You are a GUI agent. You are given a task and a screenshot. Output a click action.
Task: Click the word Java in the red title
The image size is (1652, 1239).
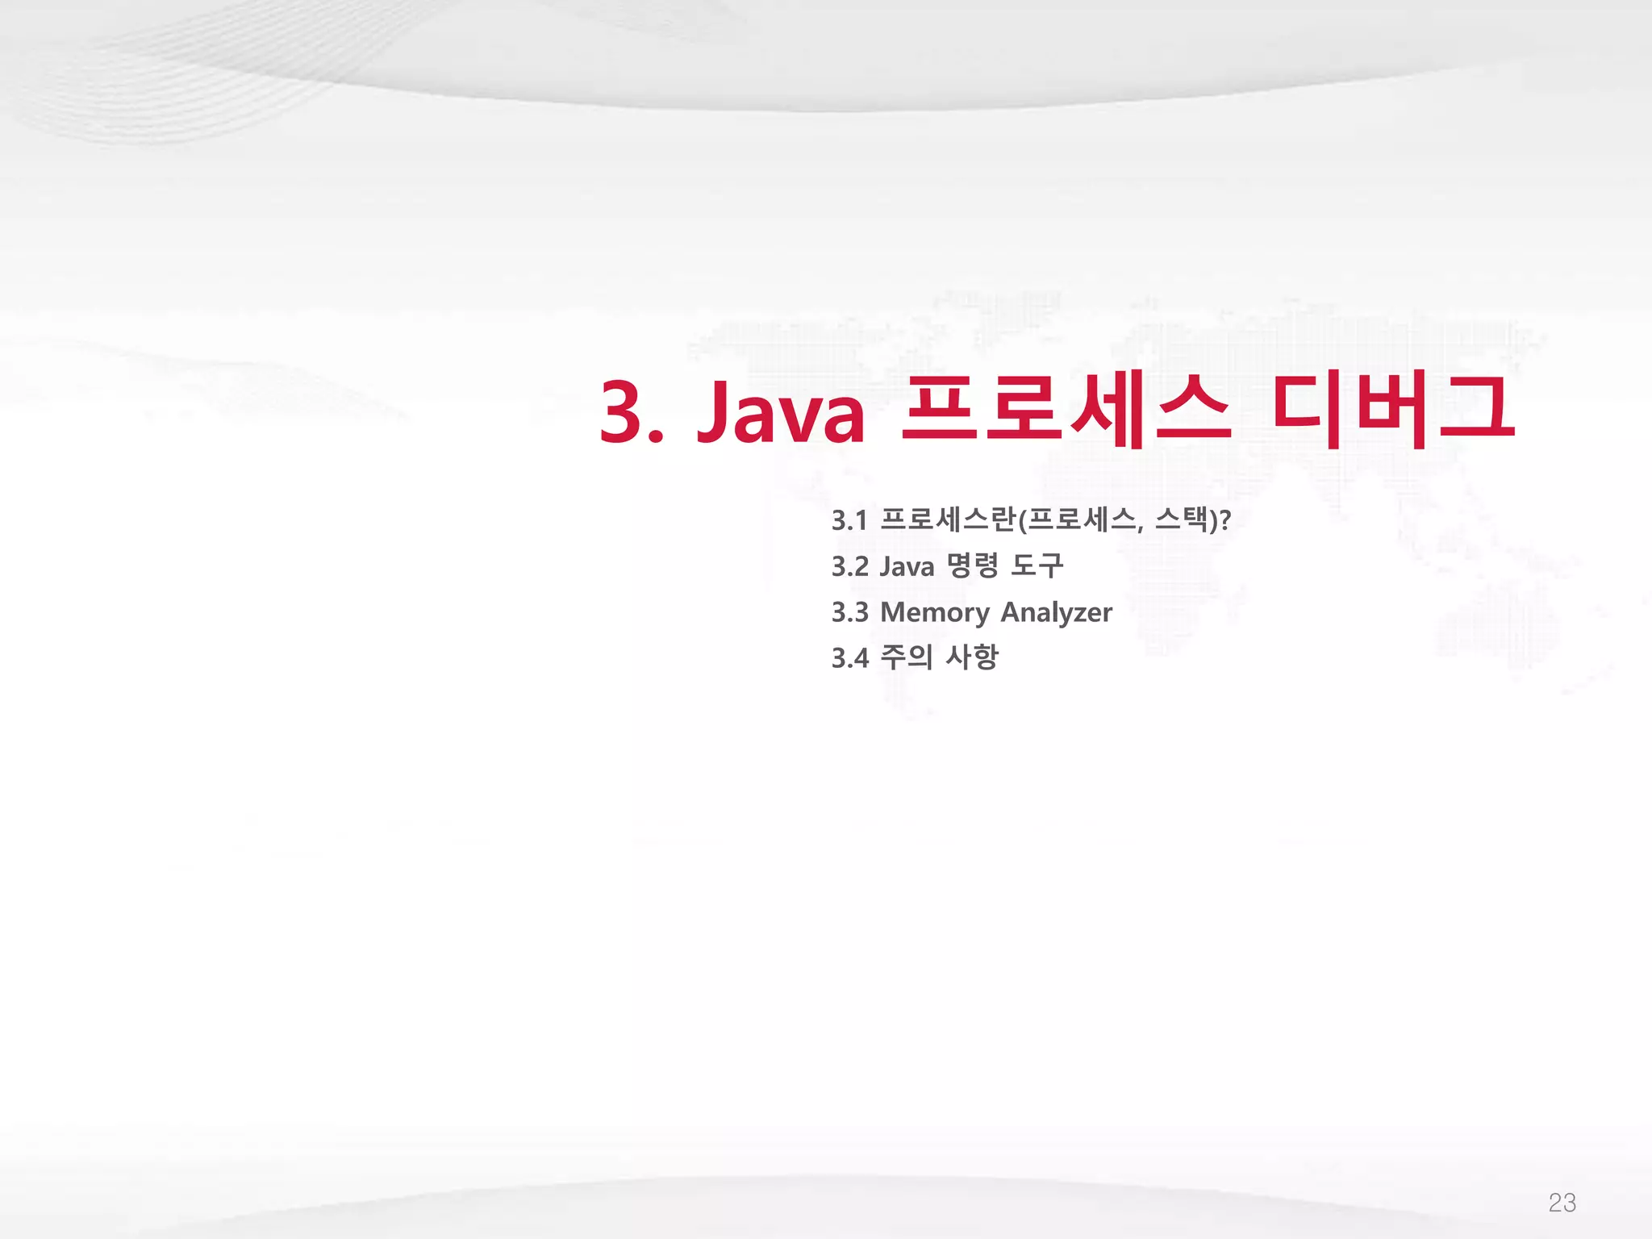(x=781, y=412)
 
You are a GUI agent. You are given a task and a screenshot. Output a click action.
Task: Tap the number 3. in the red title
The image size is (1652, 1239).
(x=631, y=412)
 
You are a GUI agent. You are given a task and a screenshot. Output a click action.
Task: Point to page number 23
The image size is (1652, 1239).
(x=1562, y=1203)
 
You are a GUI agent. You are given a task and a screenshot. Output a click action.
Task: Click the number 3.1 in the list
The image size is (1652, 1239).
(x=849, y=521)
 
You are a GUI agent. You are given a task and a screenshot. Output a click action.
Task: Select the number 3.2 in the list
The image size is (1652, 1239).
(x=849, y=567)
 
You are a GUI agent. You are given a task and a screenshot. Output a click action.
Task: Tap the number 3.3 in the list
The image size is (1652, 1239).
(x=849, y=613)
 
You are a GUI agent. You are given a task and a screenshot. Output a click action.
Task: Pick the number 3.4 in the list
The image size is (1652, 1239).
(x=849, y=658)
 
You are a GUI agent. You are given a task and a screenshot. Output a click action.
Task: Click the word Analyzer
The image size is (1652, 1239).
(x=1056, y=613)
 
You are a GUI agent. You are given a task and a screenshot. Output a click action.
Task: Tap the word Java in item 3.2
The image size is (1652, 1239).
(x=907, y=567)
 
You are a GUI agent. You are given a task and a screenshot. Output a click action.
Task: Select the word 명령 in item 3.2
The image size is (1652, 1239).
(x=972, y=566)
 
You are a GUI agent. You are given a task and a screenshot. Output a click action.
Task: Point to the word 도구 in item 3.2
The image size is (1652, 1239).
(x=1037, y=566)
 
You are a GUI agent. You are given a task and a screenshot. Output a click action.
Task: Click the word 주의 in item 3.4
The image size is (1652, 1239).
(x=906, y=657)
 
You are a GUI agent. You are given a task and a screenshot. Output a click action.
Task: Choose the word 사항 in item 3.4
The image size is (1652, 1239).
(x=971, y=657)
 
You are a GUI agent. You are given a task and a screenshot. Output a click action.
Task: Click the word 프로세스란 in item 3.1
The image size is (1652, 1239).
(x=947, y=520)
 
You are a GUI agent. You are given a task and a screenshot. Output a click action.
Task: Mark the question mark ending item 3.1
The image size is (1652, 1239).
(x=1225, y=520)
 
